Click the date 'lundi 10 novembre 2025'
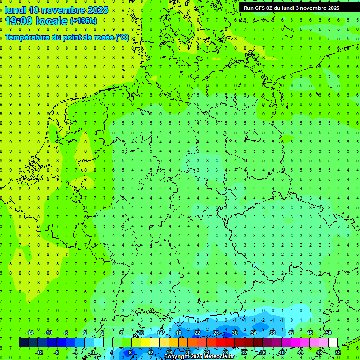(x=56, y=10)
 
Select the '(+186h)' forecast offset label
(x=83, y=21)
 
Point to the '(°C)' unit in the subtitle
(x=121, y=37)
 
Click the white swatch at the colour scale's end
(x=333, y=343)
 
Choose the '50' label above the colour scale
(x=328, y=333)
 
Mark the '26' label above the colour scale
(x=216, y=333)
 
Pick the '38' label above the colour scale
(x=272, y=333)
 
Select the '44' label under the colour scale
(x=300, y=352)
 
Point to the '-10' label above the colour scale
(x=48, y=333)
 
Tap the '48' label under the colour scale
(x=319, y=352)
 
